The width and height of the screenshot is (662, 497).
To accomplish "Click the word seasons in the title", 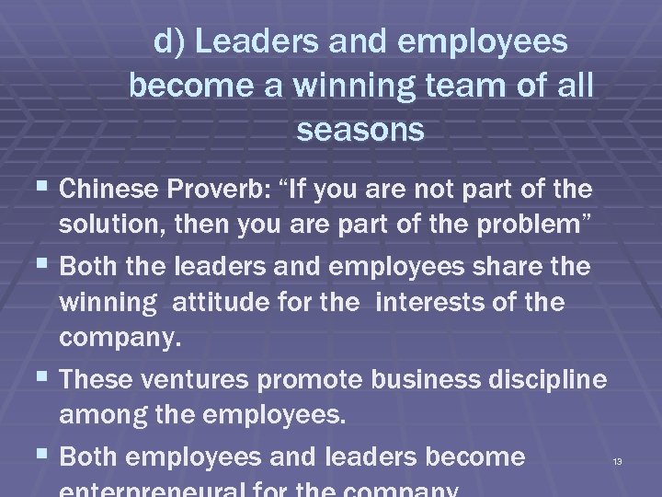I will tap(360, 130).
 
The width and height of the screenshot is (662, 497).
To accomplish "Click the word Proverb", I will tap(220, 191).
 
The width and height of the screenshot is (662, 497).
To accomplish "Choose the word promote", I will tap(317, 379).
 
